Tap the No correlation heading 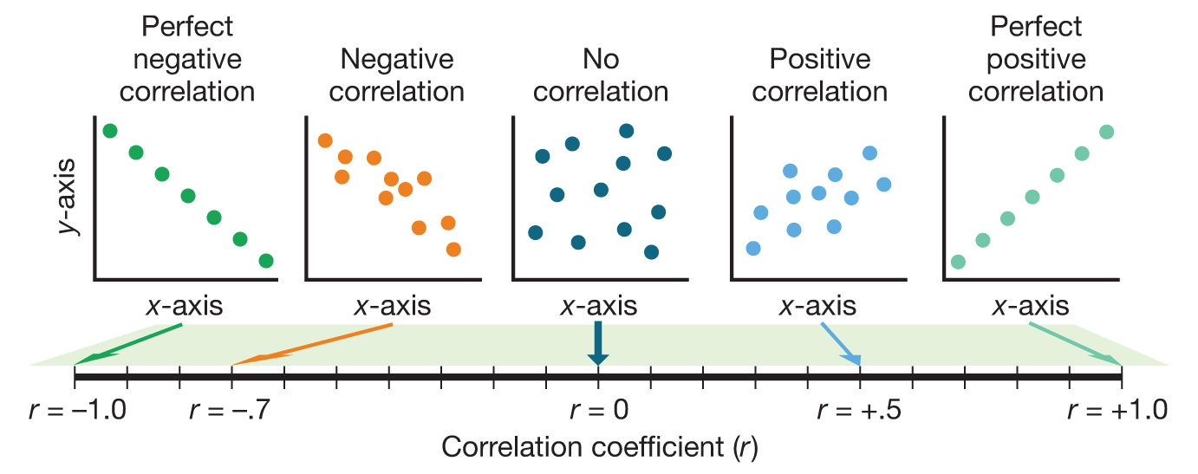600,75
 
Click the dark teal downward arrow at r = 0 598,343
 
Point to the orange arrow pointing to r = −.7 312,343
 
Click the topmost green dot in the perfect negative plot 109,131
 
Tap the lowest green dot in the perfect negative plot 266,261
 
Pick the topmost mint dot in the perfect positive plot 1105,132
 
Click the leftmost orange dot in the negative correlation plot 325,140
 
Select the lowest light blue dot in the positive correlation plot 752,249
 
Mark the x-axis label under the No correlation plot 598,306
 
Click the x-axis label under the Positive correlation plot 817,306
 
